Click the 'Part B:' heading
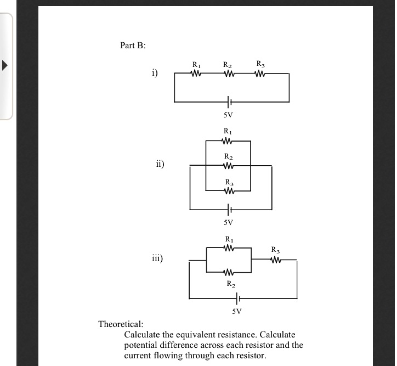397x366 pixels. [133, 46]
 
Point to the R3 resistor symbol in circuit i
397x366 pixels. [261, 73]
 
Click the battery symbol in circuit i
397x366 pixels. [229, 102]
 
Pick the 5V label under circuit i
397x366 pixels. [228, 115]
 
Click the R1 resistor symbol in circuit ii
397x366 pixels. [228, 141]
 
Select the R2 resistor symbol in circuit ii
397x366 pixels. [228, 166]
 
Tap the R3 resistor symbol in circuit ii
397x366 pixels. [228, 191]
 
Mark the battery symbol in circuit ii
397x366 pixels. [229, 209]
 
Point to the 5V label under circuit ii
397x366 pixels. [228, 223]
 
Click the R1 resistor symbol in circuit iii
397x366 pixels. [229, 248]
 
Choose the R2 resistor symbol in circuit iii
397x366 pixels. [229, 272]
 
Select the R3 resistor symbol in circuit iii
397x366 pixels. [276, 260]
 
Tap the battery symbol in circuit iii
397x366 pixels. [237, 299]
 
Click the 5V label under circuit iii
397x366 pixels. [236, 312]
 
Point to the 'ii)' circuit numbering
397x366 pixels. [159, 164]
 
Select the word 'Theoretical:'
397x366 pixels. [121, 324]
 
